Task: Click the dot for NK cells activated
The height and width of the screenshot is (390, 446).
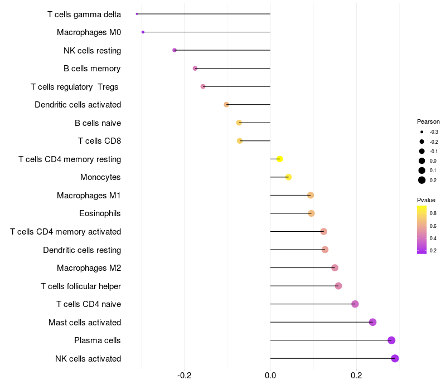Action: (x=395, y=358)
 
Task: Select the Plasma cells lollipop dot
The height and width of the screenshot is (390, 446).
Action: (x=391, y=340)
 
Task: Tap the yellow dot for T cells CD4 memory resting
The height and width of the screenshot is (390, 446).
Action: (x=280, y=159)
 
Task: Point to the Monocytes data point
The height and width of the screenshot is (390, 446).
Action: (x=288, y=177)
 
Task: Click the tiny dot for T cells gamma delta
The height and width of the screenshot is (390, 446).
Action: (x=137, y=14)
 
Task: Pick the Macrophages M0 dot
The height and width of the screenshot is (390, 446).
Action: (x=143, y=32)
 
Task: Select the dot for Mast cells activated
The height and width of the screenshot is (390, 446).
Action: (x=372, y=322)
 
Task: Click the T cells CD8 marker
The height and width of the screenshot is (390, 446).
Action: (x=240, y=141)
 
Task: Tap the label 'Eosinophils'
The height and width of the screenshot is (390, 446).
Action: (x=100, y=213)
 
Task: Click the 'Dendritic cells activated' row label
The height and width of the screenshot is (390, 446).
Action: (x=77, y=105)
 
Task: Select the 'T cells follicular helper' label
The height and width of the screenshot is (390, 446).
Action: (x=81, y=286)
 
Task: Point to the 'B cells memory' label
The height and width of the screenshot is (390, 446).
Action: (x=92, y=69)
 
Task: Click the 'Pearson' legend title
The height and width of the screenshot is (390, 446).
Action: (x=428, y=121)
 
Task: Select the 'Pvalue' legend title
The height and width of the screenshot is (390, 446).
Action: (x=426, y=200)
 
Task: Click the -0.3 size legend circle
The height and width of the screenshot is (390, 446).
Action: (x=422, y=132)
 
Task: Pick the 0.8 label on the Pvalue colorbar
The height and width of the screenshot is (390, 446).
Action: (x=433, y=213)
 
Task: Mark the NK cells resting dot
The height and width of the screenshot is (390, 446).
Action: (x=174, y=50)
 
